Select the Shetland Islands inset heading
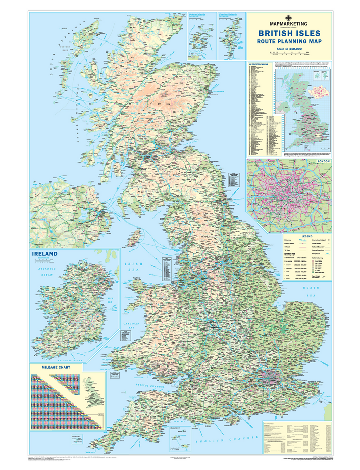click(x=228, y=15)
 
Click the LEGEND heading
click(x=308, y=237)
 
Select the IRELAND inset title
click(x=44, y=254)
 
